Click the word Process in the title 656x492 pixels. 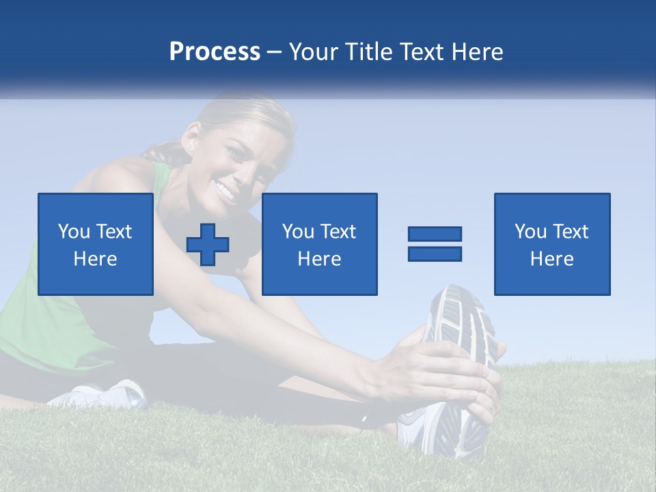(215, 52)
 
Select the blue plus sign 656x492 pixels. (208, 244)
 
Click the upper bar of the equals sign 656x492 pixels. (435, 234)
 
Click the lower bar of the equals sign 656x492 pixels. (435, 254)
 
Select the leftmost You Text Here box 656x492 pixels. (95, 244)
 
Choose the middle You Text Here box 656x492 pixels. (319, 244)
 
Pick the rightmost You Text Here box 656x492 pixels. (551, 244)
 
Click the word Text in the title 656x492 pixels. (423, 52)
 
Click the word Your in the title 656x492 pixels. (314, 52)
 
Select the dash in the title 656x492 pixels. (274, 52)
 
